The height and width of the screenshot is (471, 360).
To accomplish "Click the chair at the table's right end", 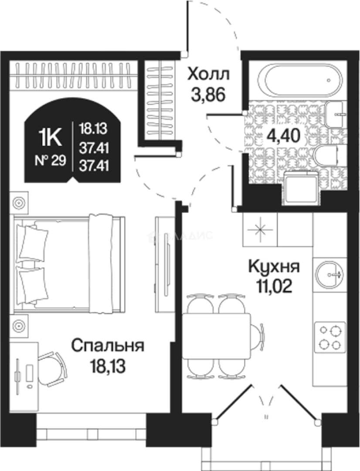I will click(x=259, y=336).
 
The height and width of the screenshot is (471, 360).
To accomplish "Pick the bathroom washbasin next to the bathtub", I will click(x=337, y=114).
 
